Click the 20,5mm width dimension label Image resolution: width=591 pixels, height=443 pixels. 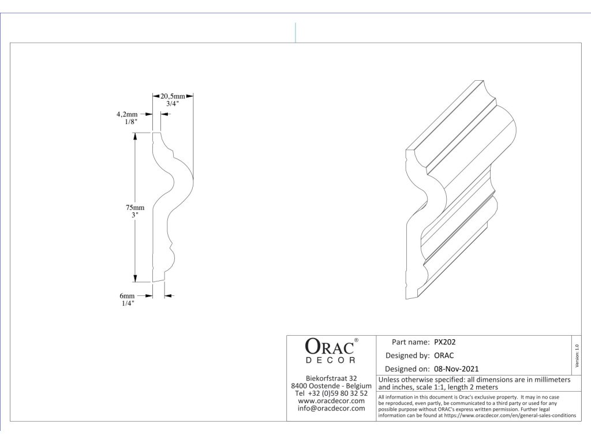point(173,96)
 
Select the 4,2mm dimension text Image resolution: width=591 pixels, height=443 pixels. point(126,114)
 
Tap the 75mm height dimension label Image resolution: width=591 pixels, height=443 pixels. point(136,208)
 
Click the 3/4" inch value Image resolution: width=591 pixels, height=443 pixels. point(173,104)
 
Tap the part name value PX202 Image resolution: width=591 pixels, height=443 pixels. point(445,341)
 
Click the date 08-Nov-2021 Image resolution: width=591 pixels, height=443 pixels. point(456,369)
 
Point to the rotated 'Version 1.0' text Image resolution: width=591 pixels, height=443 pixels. point(577,354)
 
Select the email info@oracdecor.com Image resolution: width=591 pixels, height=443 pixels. point(331,408)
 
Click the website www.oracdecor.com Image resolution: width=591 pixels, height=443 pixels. point(331,401)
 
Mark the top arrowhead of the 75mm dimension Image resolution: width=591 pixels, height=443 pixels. point(136,137)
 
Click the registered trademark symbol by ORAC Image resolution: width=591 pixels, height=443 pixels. point(356,340)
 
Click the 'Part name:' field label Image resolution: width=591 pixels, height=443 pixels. point(410,341)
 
